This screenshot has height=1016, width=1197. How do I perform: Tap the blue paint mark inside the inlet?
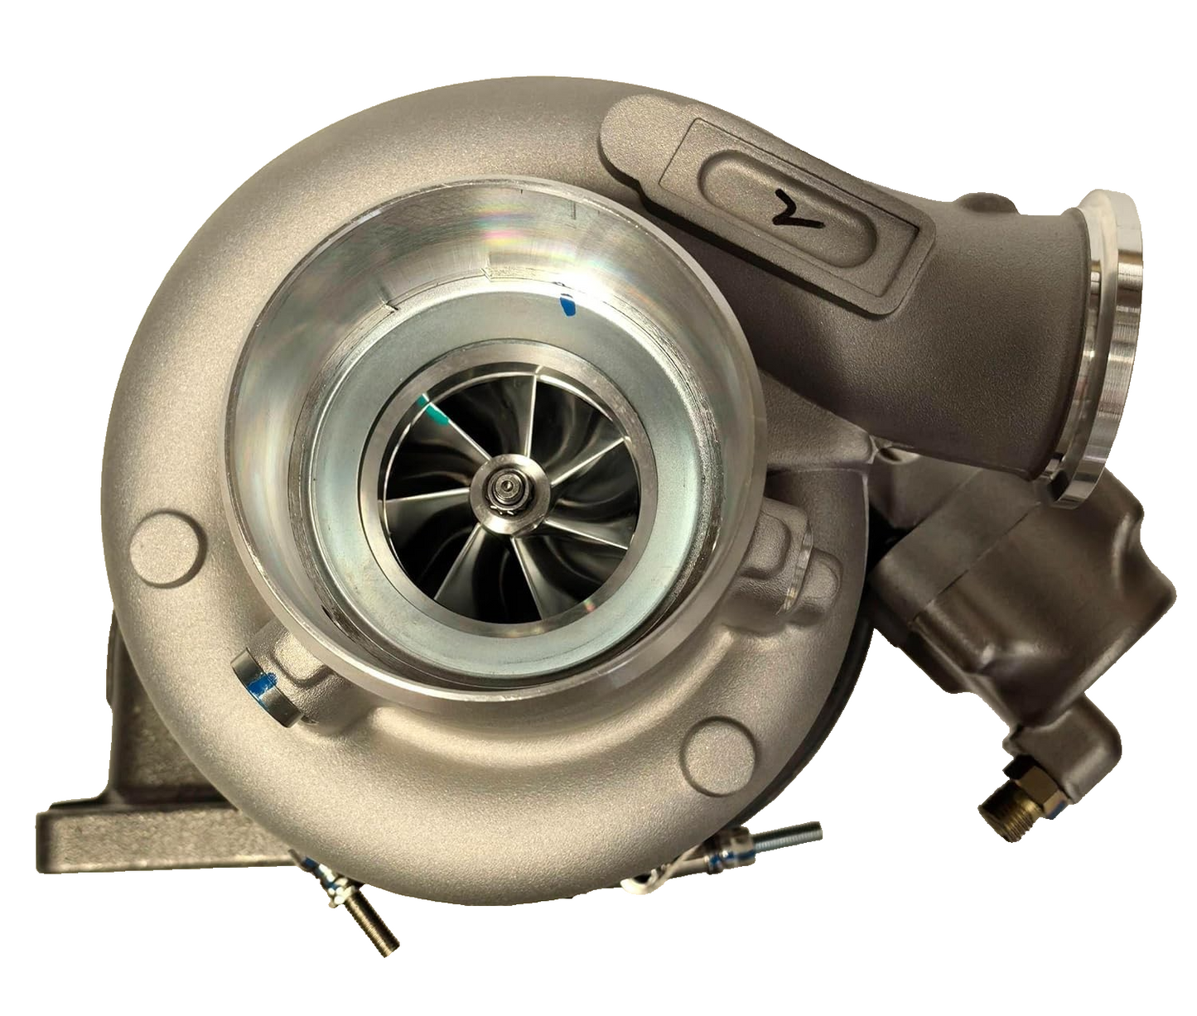[567, 306]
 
